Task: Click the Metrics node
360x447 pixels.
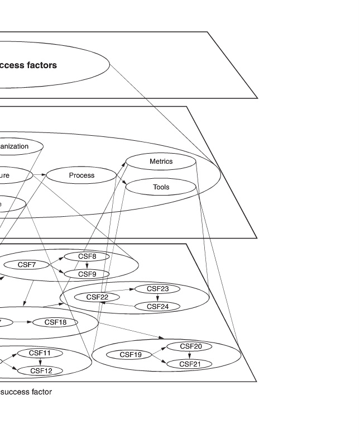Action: coord(161,162)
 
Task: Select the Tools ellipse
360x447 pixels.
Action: coord(161,187)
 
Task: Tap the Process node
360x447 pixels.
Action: coord(81,175)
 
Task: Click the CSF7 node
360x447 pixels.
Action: coord(26,265)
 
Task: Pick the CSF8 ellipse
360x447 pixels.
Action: coord(87,256)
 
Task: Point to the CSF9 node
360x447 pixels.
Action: coord(87,274)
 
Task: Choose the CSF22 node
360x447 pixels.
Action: coord(97,297)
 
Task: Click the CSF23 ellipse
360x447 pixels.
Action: coord(158,289)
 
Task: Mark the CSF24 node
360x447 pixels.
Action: coord(158,306)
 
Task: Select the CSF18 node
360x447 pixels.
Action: coord(55,322)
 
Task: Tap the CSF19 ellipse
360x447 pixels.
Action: coord(131,355)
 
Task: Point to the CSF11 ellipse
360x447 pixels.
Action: coord(40,353)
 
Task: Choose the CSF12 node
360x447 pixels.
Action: coord(41,370)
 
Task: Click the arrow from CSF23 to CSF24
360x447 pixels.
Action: coord(158,298)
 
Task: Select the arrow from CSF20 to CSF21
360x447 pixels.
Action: coord(190,355)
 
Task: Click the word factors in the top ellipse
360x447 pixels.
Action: coord(41,65)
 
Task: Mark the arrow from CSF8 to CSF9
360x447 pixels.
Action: coord(87,265)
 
